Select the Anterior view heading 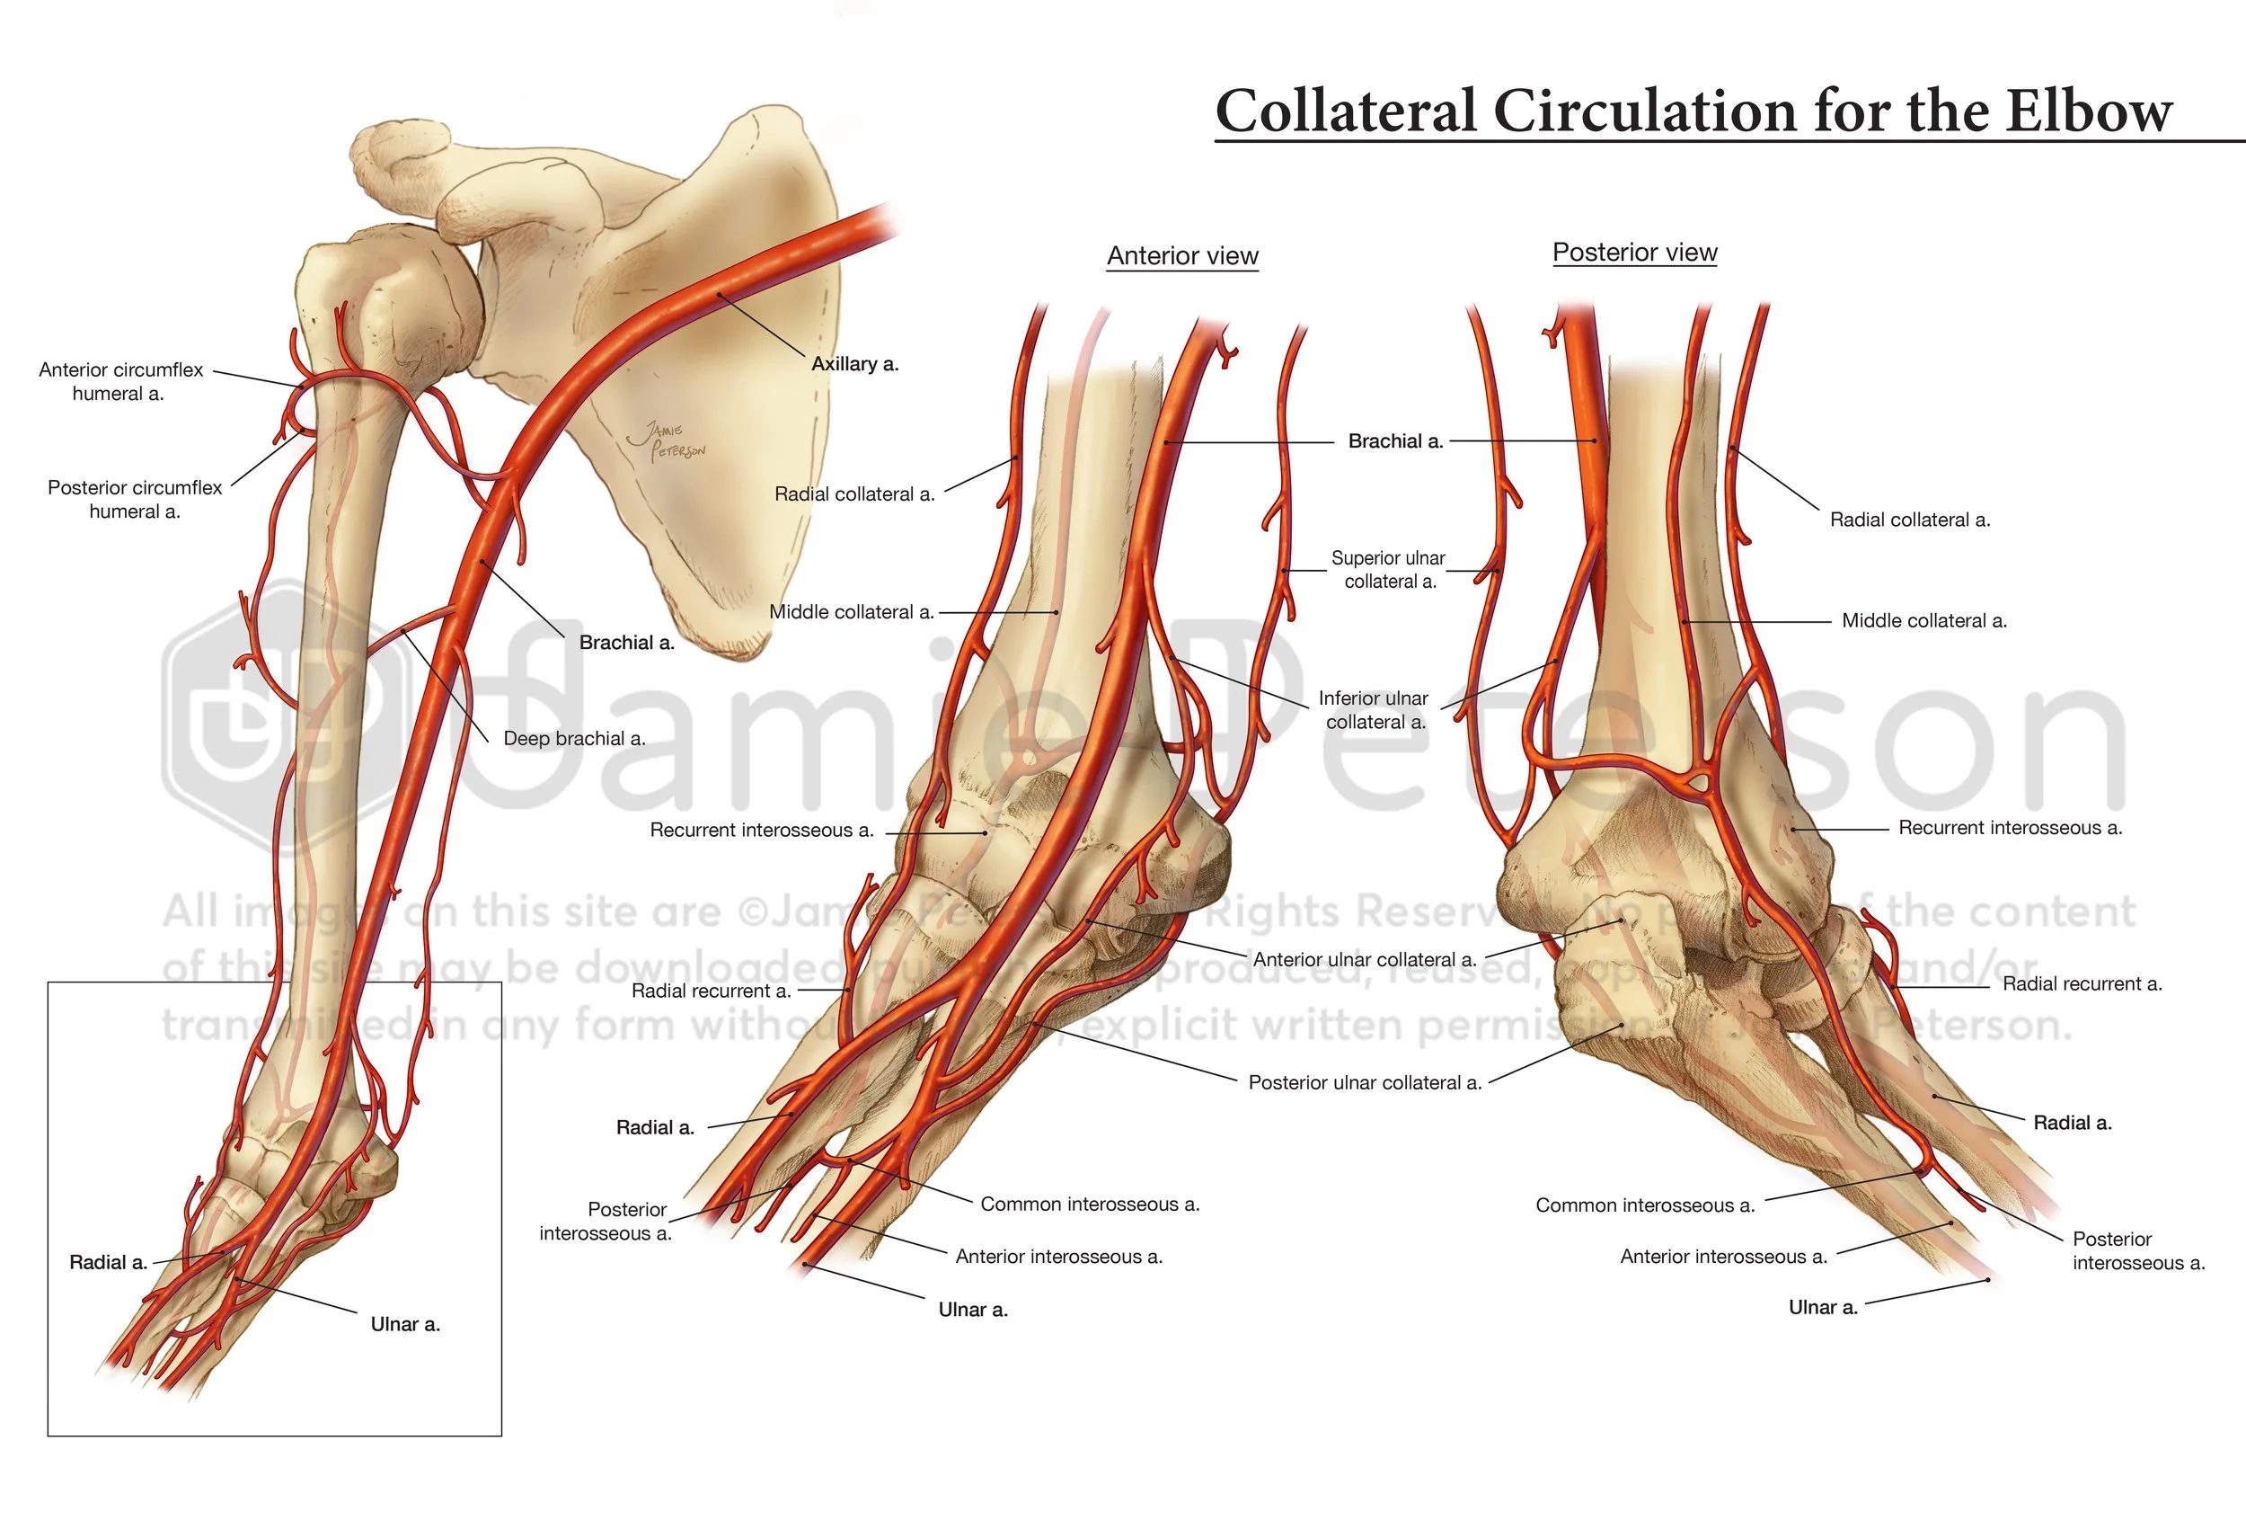[x=1182, y=256]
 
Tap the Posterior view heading [x=1634, y=253]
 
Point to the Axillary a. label [x=854, y=364]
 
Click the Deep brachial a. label [x=574, y=739]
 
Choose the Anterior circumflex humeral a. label [x=120, y=382]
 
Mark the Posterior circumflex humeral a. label [x=135, y=499]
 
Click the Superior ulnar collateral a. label [x=1389, y=569]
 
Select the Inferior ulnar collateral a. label [x=1374, y=709]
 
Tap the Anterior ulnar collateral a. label [x=1364, y=960]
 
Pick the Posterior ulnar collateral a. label [x=1364, y=1082]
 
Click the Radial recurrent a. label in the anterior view [x=711, y=991]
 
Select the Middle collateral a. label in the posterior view [x=1923, y=620]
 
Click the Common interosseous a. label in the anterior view [x=1089, y=1205]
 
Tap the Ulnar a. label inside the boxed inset [x=405, y=1324]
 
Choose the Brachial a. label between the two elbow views [x=1394, y=441]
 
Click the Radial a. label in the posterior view [x=2072, y=1124]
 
